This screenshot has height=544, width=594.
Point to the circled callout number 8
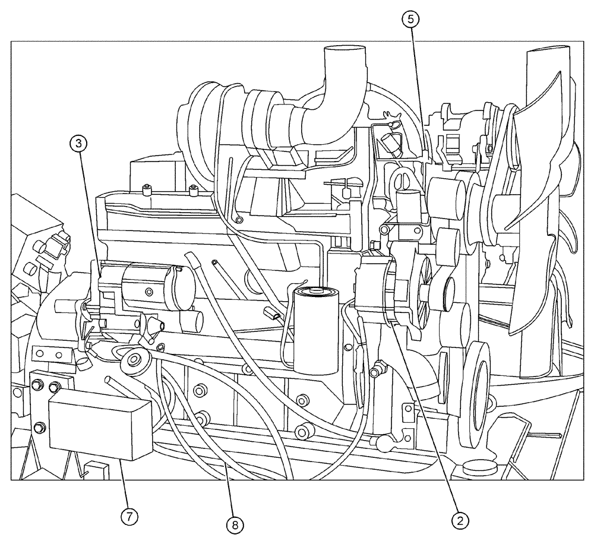[235, 524]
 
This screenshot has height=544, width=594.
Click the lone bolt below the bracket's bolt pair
[40, 427]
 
